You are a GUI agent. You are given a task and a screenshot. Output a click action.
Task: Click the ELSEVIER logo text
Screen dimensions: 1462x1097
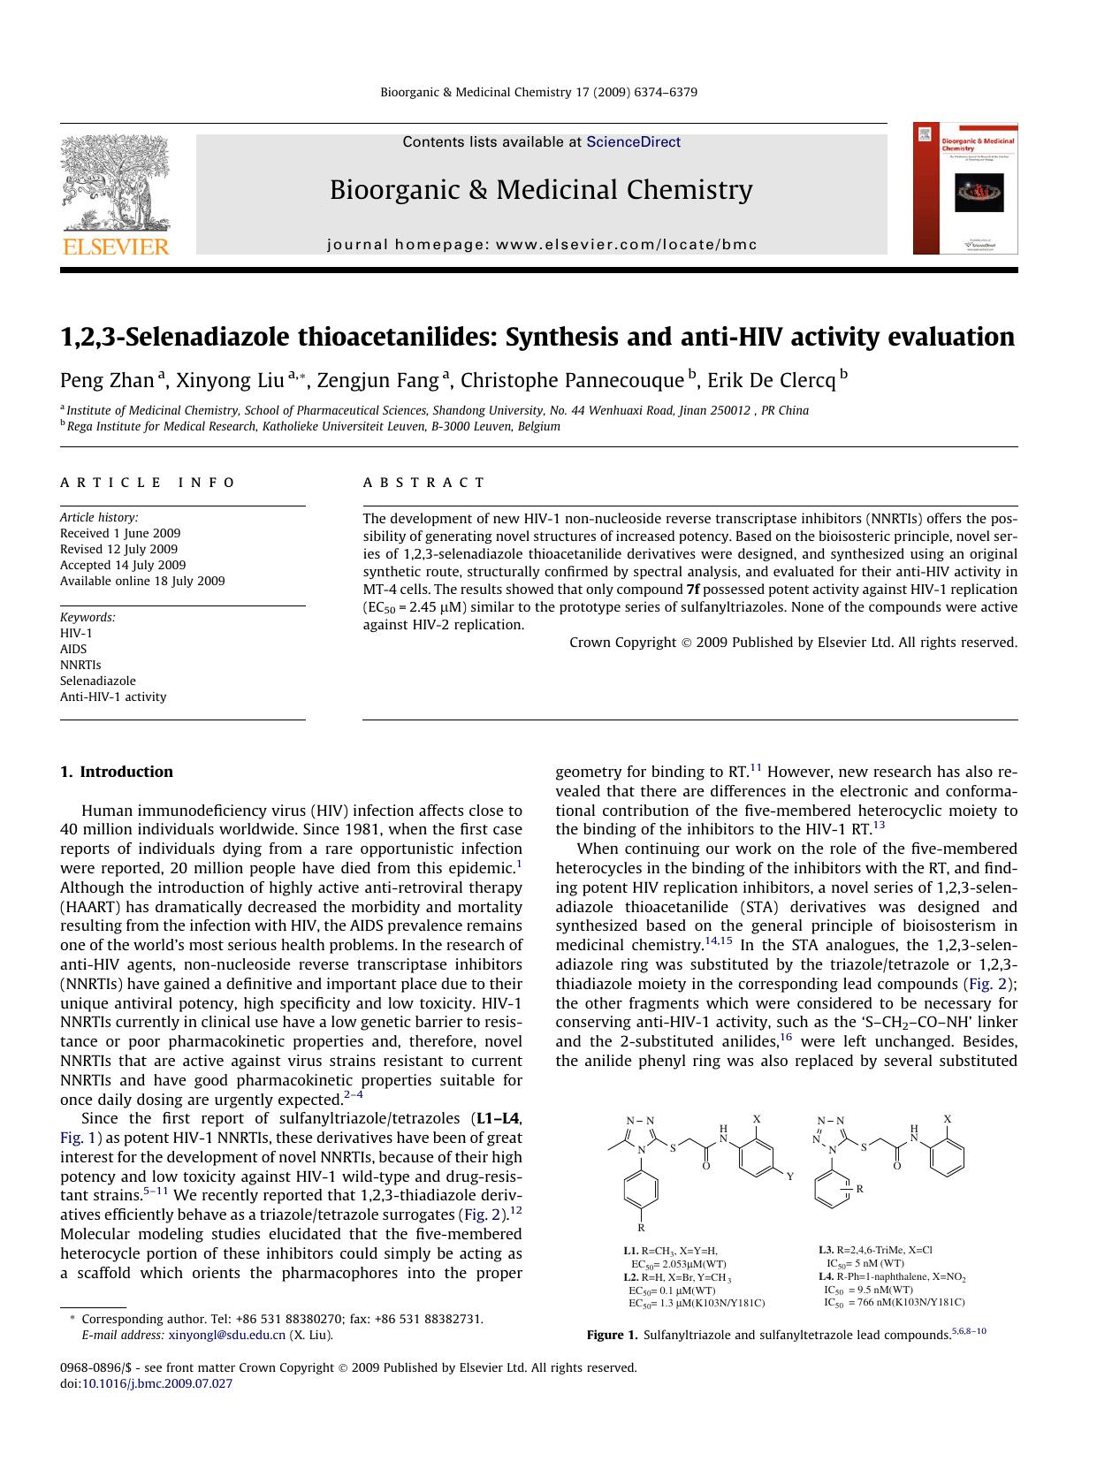click(114, 247)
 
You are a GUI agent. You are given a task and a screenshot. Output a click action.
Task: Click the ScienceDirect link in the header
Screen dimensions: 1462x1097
click(633, 141)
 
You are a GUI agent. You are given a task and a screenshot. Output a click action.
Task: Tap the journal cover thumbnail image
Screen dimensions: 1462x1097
click(965, 188)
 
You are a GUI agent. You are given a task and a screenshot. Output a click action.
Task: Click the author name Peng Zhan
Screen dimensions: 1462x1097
click(107, 380)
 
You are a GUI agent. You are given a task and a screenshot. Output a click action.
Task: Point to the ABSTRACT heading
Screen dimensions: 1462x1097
click(424, 483)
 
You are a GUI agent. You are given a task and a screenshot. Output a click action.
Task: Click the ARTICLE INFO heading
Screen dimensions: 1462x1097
click(148, 483)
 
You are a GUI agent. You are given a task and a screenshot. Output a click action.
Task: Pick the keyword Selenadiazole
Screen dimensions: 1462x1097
click(98, 681)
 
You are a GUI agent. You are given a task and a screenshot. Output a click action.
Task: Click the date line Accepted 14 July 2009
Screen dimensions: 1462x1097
click(123, 565)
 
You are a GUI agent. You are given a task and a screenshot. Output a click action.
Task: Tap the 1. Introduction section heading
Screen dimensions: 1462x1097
click(117, 772)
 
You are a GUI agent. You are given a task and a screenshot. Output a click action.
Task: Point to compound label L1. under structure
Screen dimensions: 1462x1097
click(630, 1251)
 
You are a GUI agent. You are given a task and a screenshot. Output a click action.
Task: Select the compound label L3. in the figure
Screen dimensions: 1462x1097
click(826, 1250)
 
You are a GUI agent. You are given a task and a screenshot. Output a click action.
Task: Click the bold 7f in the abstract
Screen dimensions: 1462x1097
click(695, 590)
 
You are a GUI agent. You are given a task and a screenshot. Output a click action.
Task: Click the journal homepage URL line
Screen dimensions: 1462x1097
click(541, 245)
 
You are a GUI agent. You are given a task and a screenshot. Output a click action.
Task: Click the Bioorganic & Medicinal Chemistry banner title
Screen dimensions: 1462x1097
click(541, 190)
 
